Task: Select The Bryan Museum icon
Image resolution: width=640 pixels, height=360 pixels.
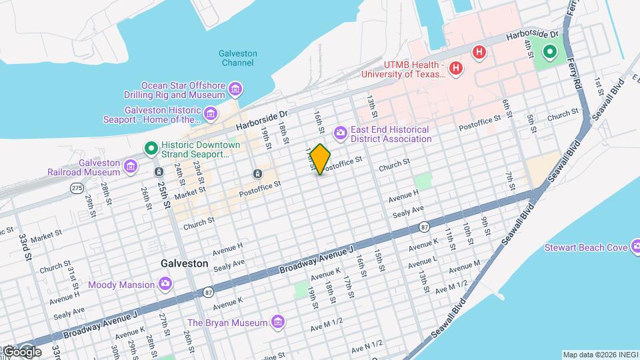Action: pyautogui.click(x=279, y=323)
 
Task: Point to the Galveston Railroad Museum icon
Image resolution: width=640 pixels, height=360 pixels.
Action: pyautogui.click(x=131, y=167)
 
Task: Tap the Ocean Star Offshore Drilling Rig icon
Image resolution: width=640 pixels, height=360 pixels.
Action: pyautogui.click(x=235, y=89)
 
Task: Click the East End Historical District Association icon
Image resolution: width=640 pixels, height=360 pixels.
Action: pyautogui.click(x=341, y=133)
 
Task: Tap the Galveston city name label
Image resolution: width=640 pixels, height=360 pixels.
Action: pyautogui.click(x=184, y=263)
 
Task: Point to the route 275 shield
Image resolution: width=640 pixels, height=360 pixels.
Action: pyautogui.click(x=77, y=189)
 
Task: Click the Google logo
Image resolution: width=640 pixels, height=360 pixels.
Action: pyautogui.click(x=21, y=351)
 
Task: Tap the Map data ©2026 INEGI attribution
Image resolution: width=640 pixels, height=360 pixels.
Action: pyautogui.click(x=599, y=355)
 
